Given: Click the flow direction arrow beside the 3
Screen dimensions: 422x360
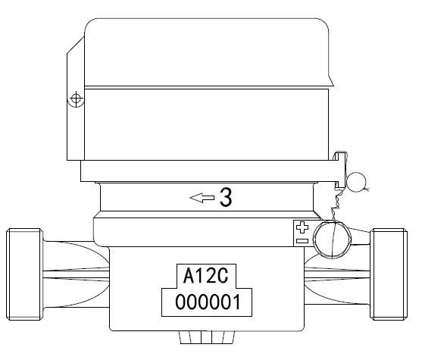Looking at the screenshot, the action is pos(202,198).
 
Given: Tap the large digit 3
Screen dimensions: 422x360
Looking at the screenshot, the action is pos(226,197).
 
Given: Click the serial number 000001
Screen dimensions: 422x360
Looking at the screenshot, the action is pos(208,302).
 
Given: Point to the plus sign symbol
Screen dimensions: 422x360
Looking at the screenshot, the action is pos(302,227).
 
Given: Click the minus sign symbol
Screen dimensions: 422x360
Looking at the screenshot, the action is pos(302,240).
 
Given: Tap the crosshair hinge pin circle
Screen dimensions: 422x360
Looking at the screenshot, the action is pos(77,99).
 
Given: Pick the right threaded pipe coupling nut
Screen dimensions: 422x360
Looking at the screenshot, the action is pos(389,274).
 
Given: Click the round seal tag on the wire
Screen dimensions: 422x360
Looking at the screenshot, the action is pos(356,182).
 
